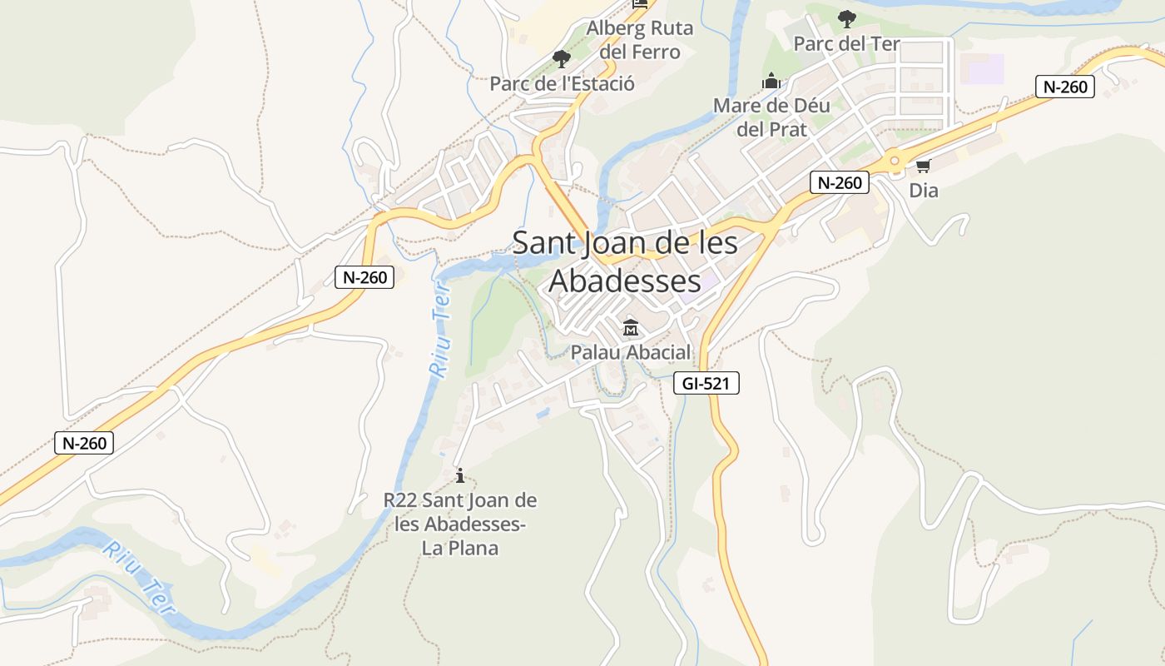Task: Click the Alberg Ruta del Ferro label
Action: point(639,40)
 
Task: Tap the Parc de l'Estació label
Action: point(562,84)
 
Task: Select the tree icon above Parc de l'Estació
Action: point(562,58)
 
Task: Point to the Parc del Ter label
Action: point(846,44)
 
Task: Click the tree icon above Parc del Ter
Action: point(846,18)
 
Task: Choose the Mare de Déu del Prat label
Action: point(771,117)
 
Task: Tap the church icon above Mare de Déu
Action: point(771,82)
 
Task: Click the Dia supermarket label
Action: point(923,191)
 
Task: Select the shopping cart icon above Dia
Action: point(923,166)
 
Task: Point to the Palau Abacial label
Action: point(630,353)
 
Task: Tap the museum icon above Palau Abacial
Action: point(630,327)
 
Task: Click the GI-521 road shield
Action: point(706,383)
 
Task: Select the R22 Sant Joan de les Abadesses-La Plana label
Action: point(460,524)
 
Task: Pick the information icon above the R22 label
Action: point(460,475)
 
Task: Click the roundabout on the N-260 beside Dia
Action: point(895,160)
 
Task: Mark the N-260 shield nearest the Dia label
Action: point(839,183)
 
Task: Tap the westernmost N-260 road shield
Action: point(84,443)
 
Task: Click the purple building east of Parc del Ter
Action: point(982,68)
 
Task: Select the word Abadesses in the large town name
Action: point(625,281)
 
